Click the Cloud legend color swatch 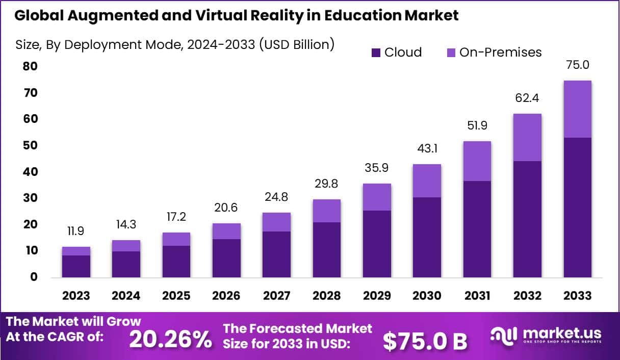[376, 53]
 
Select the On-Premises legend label [500, 52]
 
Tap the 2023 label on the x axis [76, 296]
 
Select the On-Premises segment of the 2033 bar [578, 109]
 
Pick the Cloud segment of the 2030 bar [427, 237]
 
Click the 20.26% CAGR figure [170, 339]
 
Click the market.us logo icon [504, 335]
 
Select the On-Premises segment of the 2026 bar [227, 231]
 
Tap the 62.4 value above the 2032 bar [527, 97]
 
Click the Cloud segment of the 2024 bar [126, 264]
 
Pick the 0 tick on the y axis [33, 277]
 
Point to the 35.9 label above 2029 [377, 167]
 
